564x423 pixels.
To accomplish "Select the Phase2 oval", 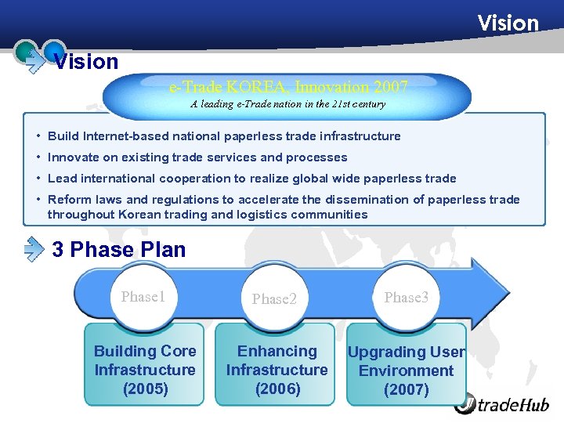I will [x=274, y=298].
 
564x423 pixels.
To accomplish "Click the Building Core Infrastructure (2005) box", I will [x=145, y=370].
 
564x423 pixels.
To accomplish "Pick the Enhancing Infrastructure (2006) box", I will [x=277, y=370].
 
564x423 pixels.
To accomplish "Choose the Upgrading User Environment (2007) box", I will [x=406, y=371].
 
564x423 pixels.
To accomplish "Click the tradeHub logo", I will [x=502, y=404].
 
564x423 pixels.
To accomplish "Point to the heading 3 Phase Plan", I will [x=118, y=250].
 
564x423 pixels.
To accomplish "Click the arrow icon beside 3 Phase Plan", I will [x=34, y=249].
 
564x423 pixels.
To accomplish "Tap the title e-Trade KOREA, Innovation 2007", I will [x=288, y=86].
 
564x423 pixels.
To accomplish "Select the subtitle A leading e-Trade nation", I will [x=288, y=103].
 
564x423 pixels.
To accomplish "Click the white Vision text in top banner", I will [x=508, y=23].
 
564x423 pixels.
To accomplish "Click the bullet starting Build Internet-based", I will [x=224, y=136].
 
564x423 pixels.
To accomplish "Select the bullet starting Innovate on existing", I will [x=197, y=157].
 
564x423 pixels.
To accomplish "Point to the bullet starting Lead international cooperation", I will [x=251, y=179].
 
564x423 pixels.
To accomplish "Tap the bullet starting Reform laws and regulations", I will [x=284, y=207].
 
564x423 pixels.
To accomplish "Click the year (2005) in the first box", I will [x=145, y=389].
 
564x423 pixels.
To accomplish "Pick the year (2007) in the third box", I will [x=406, y=390].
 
